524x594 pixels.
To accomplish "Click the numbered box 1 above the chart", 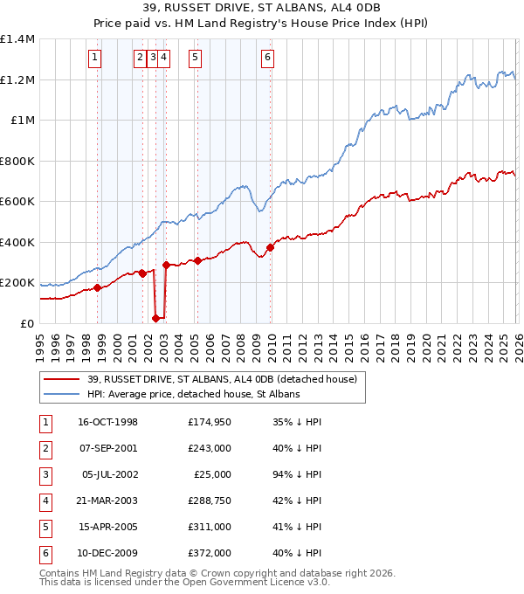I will (x=94, y=59).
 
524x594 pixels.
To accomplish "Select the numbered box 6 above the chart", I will (x=266, y=59).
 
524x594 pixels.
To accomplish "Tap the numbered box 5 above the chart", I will (x=194, y=59).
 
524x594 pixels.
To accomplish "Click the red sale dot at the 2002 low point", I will (x=156, y=318).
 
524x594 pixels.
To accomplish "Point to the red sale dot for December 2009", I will (x=270, y=247).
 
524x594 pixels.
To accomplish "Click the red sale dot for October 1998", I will (x=98, y=287).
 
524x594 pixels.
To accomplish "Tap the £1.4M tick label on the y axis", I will (x=17, y=39).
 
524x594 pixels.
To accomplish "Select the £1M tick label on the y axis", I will (x=22, y=121).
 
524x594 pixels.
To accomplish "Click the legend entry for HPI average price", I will (x=193, y=395).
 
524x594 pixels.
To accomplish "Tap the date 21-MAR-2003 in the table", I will (x=107, y=501).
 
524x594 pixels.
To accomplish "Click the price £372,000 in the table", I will (x=210, y=553).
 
